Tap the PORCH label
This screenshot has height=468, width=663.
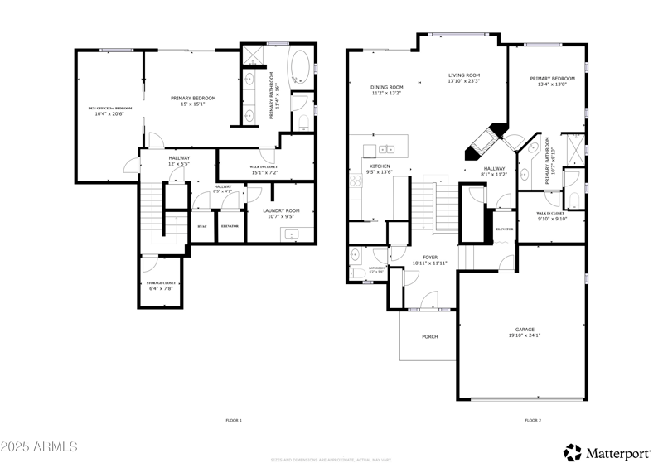[x=429, y=336]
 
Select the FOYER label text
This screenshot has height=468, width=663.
[x=429, y=257]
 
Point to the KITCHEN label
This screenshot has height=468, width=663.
[x=380, y=166]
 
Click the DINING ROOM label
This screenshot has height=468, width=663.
[x=386, y=87]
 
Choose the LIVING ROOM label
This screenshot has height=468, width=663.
[x=464, y=75]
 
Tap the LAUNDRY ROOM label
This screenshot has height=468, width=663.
[x=281, y=210]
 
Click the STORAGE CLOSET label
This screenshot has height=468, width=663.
[x=161, y=283]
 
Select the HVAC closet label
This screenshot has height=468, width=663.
[x=201, y=225]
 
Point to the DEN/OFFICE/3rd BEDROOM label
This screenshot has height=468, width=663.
[x=110, y=109]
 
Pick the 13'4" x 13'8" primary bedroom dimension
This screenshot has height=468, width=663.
[x=552, y=84]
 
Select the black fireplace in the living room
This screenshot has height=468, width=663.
[x=485, y=141]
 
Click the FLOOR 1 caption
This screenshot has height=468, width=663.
[x=234, y=421]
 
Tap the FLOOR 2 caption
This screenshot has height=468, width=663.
[x=533, y=421]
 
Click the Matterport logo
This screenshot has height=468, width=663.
[x=609, y=452]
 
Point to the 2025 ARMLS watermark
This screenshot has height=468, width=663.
[x=39, y=447]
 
